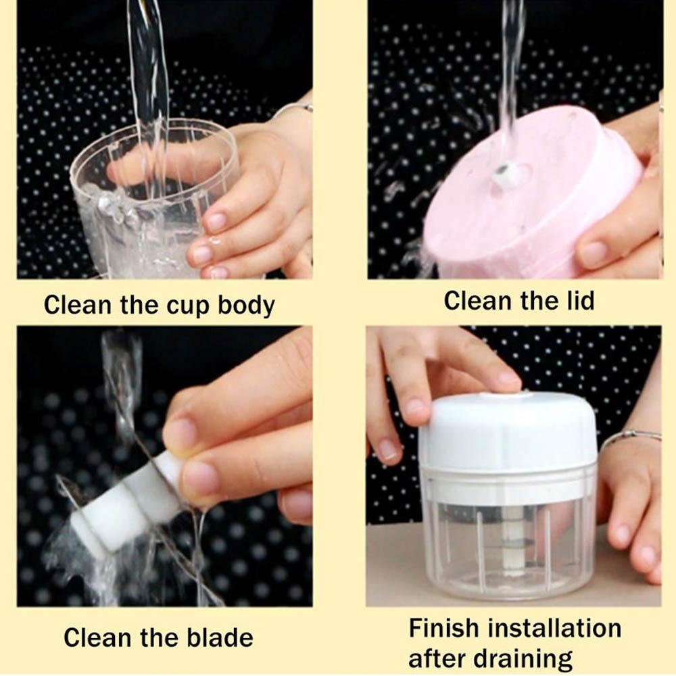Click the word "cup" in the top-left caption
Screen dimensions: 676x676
(189, 306)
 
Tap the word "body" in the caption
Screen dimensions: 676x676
(246, 306)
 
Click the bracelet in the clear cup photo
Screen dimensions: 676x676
(293, 107)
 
